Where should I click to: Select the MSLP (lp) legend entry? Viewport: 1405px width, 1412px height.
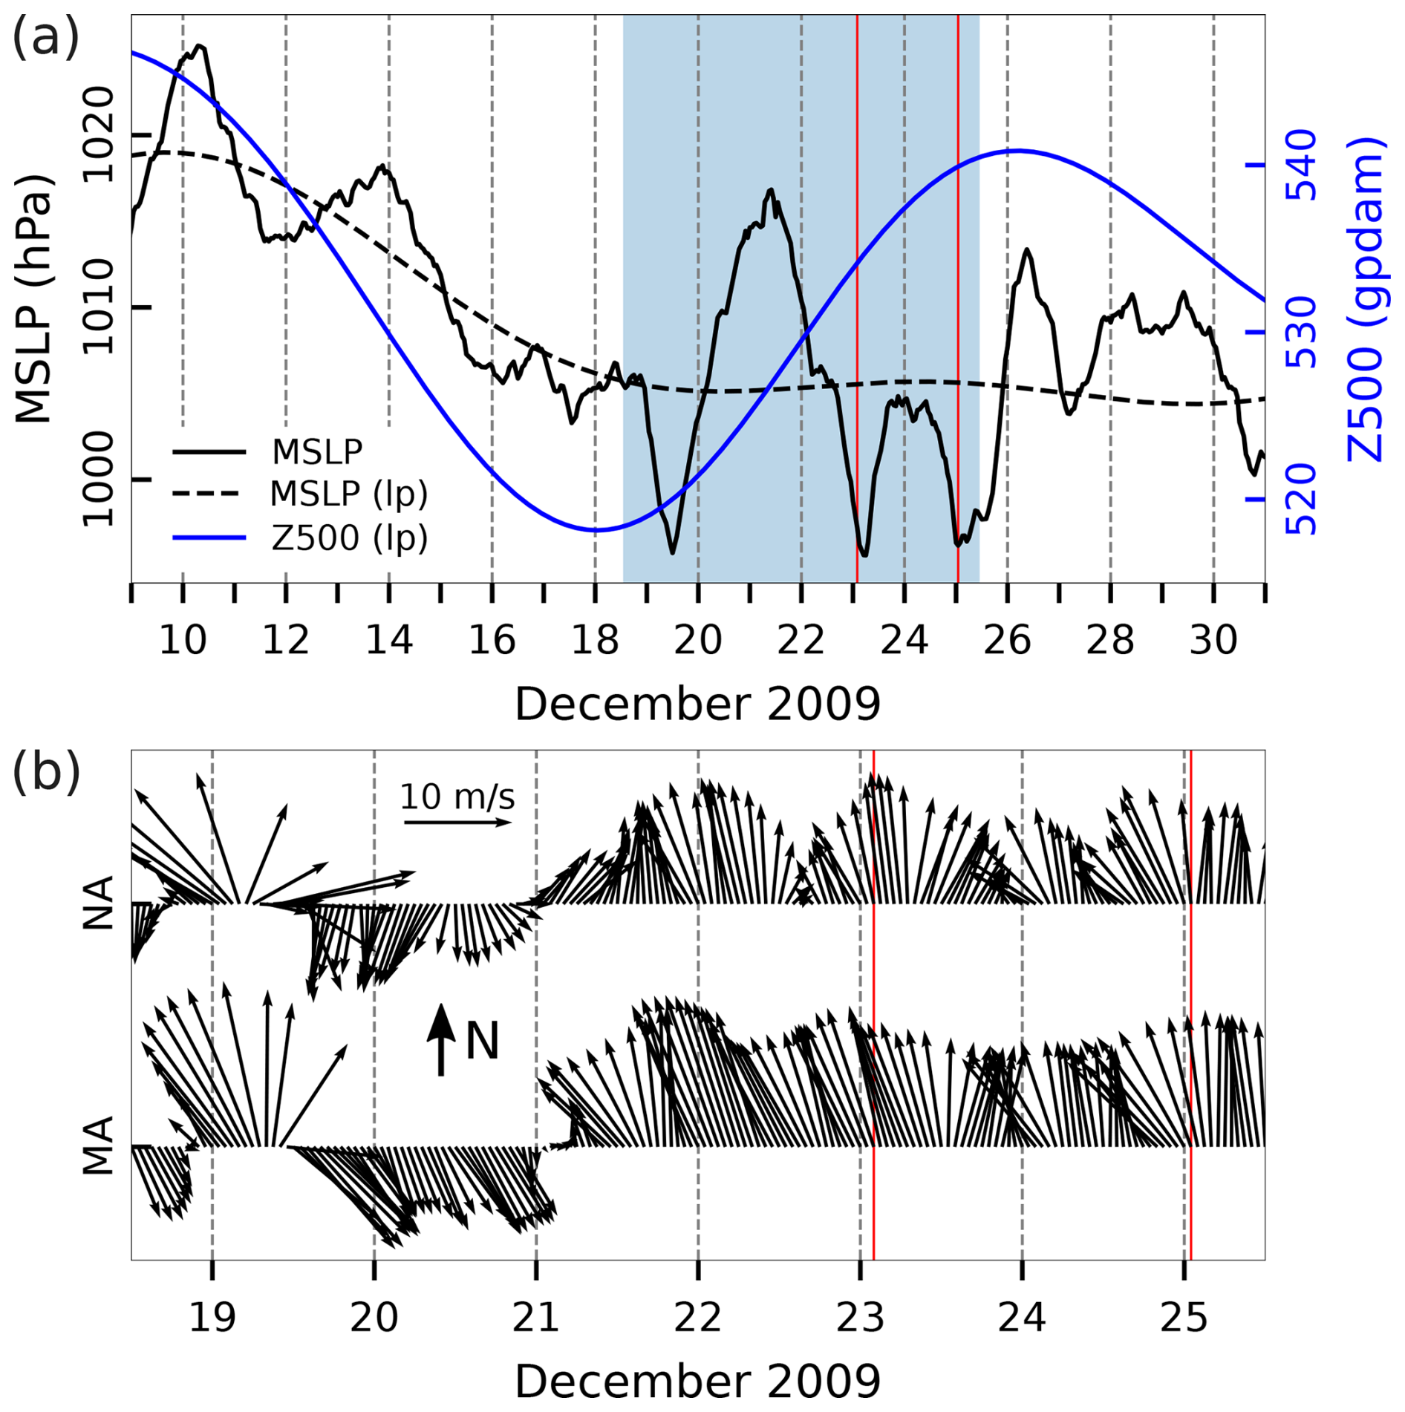click(348, 494)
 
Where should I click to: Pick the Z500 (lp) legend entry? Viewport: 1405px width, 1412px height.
click(349, 537)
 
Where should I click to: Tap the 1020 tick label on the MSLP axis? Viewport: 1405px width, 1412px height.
click(98, 135)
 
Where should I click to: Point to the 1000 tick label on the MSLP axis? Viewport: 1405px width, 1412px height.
click(98, 480)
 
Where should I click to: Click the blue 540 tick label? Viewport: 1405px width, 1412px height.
click(1300, 165)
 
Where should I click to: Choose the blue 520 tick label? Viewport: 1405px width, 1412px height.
click(1300, 500)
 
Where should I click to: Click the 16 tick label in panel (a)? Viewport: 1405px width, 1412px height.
click(492, 640)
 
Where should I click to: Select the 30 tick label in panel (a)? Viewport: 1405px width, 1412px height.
click(1213, 640)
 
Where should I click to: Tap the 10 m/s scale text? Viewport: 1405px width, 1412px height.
click(457, 797)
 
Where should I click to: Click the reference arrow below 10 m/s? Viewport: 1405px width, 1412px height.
click(457, 823)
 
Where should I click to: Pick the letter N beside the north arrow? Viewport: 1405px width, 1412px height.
click(482, 1041)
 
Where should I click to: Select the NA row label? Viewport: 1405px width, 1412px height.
click(98, 903)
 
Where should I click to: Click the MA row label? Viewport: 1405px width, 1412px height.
click(98, 1145)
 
